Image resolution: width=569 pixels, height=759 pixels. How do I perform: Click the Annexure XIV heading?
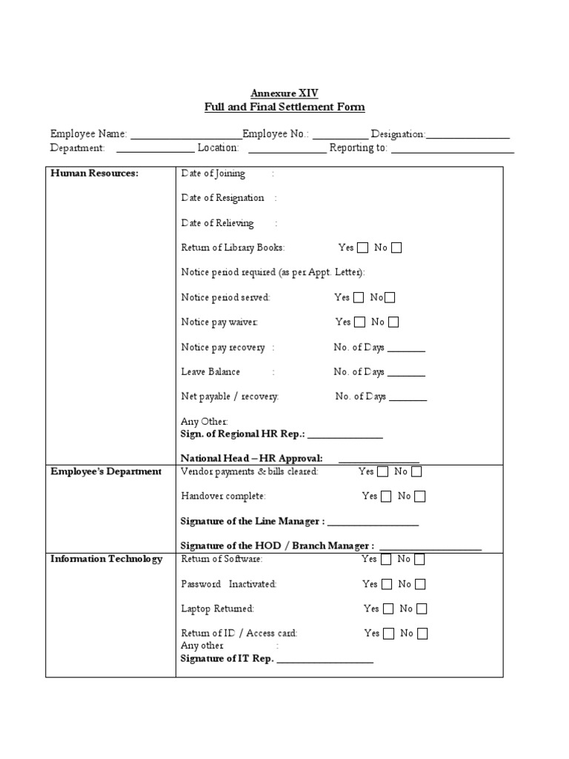pos(284,93)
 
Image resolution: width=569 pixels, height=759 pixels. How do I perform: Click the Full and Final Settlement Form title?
pos(284,107)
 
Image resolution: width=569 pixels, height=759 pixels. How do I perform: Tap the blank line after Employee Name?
pos(185,136)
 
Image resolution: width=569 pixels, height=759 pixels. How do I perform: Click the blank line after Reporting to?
pos(452,150)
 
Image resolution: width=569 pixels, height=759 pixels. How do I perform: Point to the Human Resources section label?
pos(95,173)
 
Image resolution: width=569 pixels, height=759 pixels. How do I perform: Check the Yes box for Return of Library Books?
pos(363,248)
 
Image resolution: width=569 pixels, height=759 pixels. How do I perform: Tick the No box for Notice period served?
pos(390,298)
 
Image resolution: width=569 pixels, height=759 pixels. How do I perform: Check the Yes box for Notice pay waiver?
pos(360,322)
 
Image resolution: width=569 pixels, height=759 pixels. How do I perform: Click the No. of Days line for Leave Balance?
pos(406,374)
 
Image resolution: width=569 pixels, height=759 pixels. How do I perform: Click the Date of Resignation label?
pos(223,198)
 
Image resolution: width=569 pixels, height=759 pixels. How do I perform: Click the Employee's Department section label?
pos(106,472)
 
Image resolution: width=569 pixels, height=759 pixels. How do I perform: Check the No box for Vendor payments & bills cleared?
pos(416,471)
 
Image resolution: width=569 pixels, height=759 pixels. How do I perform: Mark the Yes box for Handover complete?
pos(386,497)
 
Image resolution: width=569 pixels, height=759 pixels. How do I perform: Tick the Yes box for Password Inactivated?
pos(386,584)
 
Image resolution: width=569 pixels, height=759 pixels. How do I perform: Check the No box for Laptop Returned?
pos(422,609)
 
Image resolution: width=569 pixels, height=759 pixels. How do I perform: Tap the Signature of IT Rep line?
pos(325,660)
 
